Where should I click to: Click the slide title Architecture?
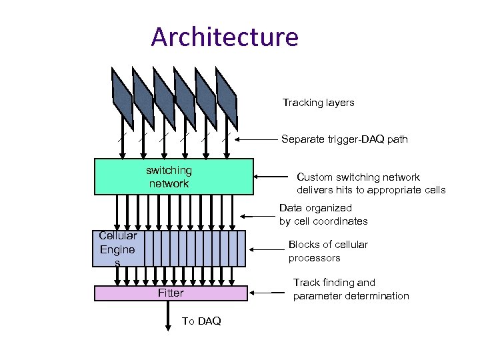point(225,37)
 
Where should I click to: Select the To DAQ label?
point(201,321)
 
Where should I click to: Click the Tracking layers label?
point(318,103)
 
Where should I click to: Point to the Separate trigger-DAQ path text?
point(344,139)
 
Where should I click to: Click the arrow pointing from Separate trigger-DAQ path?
point(257,139)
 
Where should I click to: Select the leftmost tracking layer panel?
point(122,97)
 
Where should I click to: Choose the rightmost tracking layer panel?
point(227,97)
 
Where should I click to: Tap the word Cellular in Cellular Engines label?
point(117,235)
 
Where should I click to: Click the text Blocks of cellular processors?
point(327,251)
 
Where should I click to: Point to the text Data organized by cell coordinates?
point(323,215)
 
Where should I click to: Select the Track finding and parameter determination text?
point(351,289)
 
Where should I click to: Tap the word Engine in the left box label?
point(117,249)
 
